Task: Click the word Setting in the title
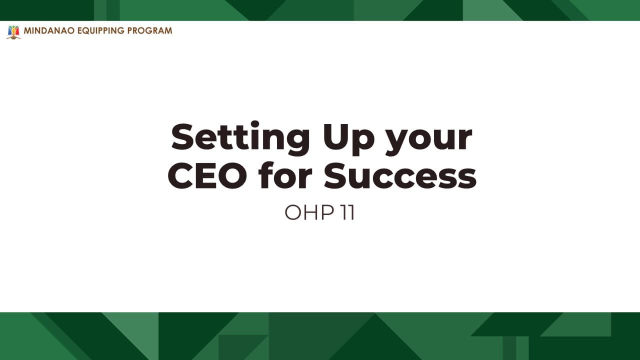240,138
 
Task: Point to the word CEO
207,175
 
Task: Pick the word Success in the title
400,175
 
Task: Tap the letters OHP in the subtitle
309,212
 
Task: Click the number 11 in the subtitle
348,212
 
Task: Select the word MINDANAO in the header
49,30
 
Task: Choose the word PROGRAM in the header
149,30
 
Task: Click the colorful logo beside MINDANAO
13,32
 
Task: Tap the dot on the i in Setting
254,124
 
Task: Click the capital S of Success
337,175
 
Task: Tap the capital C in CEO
180,175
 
